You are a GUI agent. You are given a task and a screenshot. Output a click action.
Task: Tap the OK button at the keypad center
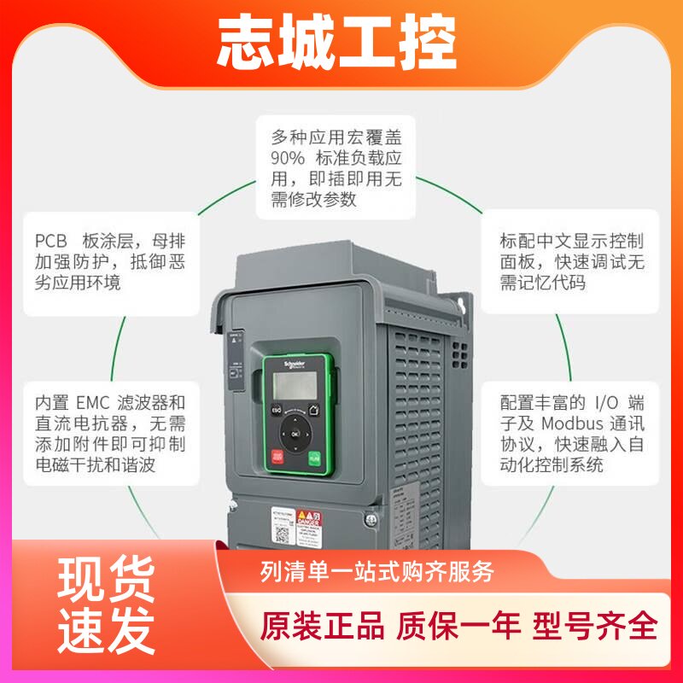click(x=295, y=434)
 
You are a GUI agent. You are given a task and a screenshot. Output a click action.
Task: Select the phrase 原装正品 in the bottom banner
click(x=322, y=626)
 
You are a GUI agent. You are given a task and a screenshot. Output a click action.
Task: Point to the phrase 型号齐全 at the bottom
click(x=596, y=626)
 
